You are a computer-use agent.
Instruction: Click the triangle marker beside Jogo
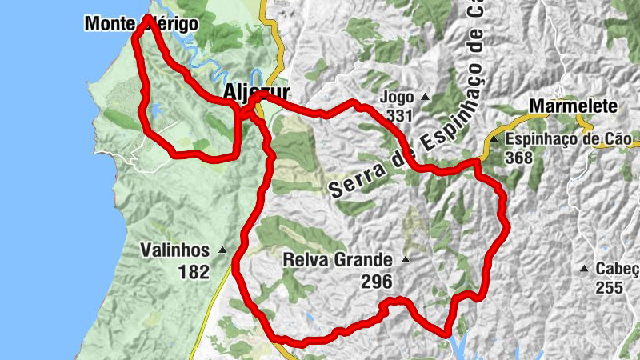tap(425, 98)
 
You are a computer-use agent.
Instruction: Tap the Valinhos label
tap(174, 250)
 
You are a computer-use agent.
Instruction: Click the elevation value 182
tap(194, 272)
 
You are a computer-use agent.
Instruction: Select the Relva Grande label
tap(338, 260)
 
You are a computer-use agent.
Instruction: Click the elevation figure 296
tap(377, 282)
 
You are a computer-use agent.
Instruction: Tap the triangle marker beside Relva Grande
tap(406, 260)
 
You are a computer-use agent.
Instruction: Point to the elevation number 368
tap(518, 158)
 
